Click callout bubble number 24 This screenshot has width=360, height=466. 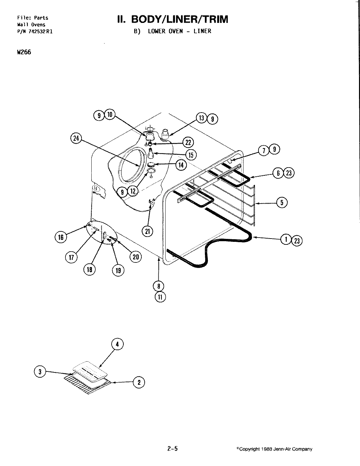pos(76,139)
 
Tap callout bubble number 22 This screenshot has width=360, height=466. pos(188,142)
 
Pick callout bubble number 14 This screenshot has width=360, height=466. pos(181,165)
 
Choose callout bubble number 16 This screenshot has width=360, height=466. pos(61,237)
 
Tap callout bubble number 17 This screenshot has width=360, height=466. pos(71,257)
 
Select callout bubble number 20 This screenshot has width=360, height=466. pos(135,257)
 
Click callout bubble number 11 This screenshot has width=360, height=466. pos(160,297)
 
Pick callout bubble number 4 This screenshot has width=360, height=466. pos(117,344)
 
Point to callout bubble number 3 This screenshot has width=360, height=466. pos(40,371)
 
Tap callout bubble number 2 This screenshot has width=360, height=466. pos(139,382)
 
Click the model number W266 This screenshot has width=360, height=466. pos(24,52)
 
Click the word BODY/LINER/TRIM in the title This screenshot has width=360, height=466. pos(179,19)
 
